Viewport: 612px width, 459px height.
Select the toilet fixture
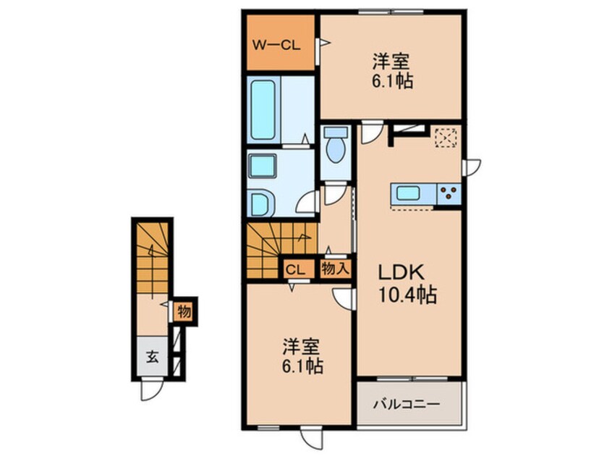click(x=335, y=148)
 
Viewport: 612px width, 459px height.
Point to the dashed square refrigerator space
click(x=446, y=137)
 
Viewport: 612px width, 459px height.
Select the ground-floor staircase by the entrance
click(x=150, y=257)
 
